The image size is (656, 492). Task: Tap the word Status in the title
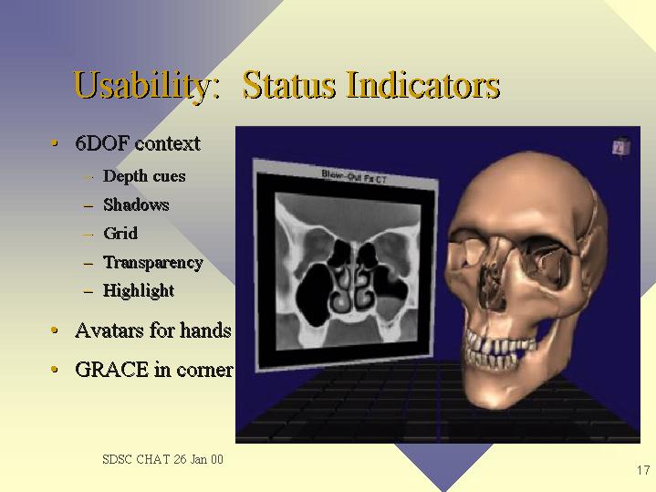click(288, 85)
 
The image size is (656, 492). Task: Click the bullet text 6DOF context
click(138, 143)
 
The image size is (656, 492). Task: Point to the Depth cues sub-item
click(144, 176)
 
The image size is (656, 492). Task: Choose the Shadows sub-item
click(136, 204)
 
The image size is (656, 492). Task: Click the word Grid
click(120, 234)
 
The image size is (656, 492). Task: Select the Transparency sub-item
click(153, 263)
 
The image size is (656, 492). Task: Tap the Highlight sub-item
click(139, 291)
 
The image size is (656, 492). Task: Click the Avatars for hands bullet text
click(153, 330)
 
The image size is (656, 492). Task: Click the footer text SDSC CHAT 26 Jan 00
click(162, 459)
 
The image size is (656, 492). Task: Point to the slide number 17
click(643, 470)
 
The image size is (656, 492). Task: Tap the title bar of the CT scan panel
click(346, 174)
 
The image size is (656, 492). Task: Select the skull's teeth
click(500, 350)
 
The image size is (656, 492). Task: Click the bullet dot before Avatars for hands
click(54, 330)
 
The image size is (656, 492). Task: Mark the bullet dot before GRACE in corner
click(54, 370)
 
